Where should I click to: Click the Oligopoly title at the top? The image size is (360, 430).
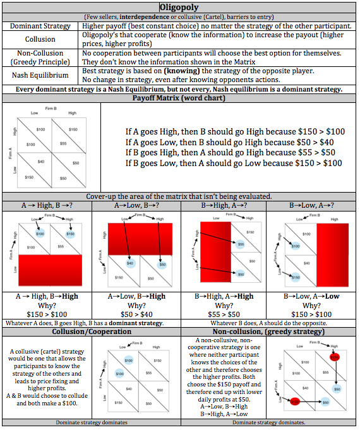coord(180,8)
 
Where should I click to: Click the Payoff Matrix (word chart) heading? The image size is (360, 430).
coord(180,99)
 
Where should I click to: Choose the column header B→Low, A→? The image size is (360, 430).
coord(312,206)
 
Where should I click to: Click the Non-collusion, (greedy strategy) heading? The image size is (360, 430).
coord(268,331)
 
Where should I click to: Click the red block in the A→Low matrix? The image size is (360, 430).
coord(135,233)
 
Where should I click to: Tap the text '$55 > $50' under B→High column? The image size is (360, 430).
coord(225,314)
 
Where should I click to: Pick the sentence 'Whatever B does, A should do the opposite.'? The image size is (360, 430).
coord(268,323)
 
